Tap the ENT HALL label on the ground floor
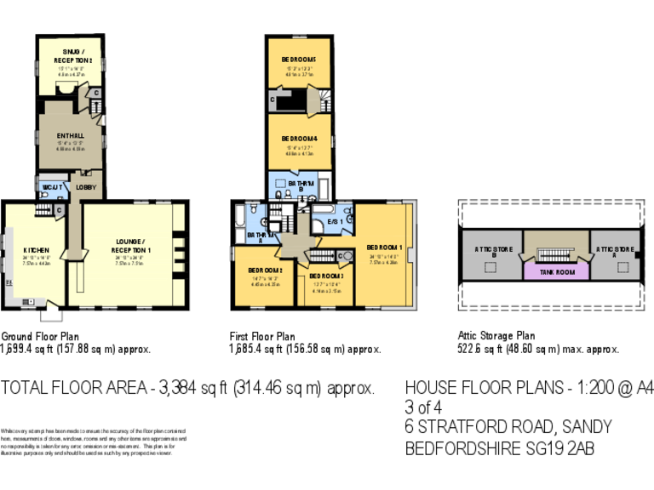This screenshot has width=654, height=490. pos(70,135)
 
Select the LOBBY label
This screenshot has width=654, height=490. pos(86,186)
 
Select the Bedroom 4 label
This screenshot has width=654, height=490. pos(300,139)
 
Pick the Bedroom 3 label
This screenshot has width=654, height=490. pos(326,276)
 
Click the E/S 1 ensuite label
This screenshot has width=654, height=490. pos(335,222)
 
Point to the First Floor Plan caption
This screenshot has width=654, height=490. pos(262,337)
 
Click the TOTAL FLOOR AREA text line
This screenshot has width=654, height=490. pos(187,389)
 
